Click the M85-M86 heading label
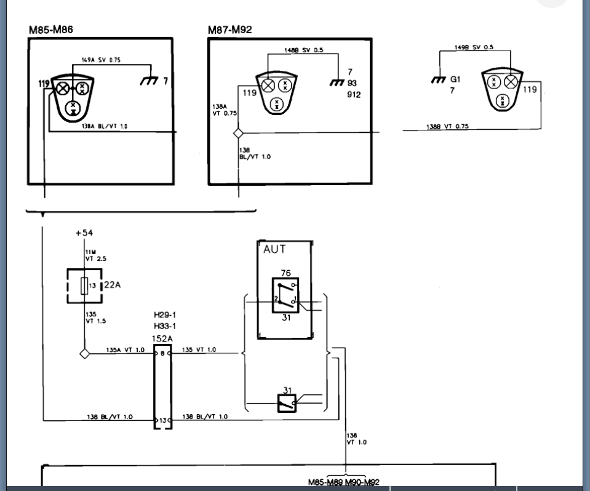pyautogui.click(x=52, y=30)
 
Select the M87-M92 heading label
pyautogui.click(x=229, y=30)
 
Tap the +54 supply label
pyautogui.click(x=84, y=233)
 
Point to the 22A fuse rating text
pyautogui.click(x=112, y=285)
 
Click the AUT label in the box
pyautogui.click(x=274, y=250)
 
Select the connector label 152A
pyautogui.click(x=162, y=339)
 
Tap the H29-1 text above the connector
pyautogui.click(x=165, y=315)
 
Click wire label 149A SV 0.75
pyautogui.click(x=101, y=60)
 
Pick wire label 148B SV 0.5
pyautogui.click(x=303, y=50)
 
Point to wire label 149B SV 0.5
pyautogui.click(x=473, y=47)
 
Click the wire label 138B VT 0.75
pyautogui.click(x=447, y=126)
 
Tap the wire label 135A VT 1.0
pyautogui.click(x=126, y=349)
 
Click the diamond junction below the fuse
pyautogui.click(x=84, y=354)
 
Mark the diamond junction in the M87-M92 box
pyautogui.click(x=239, y=133)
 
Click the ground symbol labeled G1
pyautogui.click(x=438, y=79)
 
